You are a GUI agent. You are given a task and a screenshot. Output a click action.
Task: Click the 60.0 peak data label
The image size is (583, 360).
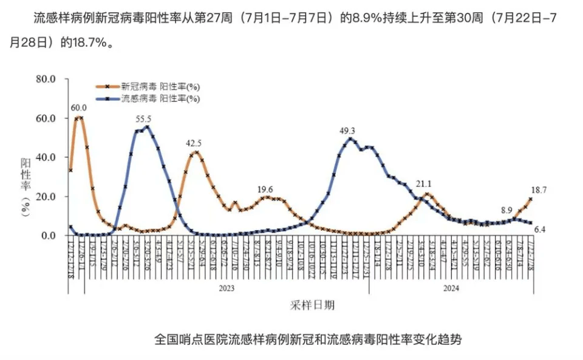[79, 108]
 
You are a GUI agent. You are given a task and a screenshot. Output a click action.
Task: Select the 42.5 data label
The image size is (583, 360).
[194, 143]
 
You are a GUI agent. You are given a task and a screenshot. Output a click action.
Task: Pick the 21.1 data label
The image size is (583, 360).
[423, 184]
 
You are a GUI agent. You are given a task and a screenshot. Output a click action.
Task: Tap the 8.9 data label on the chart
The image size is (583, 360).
[506, 210]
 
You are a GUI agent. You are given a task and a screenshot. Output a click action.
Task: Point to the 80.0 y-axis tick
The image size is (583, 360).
[46, 79]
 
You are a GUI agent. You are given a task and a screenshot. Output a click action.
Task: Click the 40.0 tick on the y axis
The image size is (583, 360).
[46, 157]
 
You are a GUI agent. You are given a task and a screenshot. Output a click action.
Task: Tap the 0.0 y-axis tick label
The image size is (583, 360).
[48, 236]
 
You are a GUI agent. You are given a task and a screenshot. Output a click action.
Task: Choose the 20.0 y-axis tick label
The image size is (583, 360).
[46, 197]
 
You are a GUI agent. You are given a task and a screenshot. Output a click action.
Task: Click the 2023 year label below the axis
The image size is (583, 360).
[227, 289]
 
